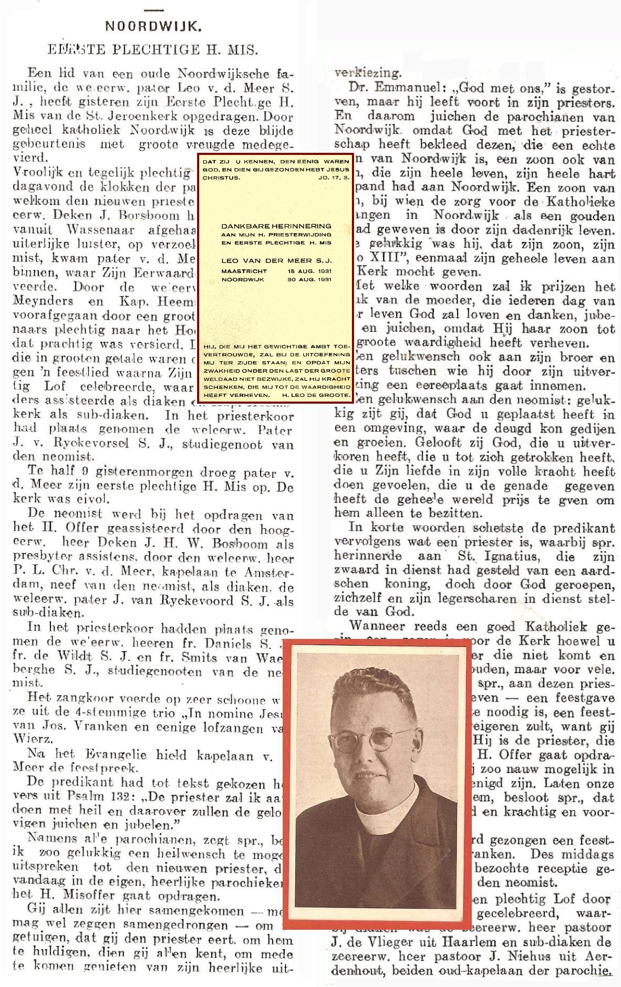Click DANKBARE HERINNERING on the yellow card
pyautogui.click(x=276, y=226)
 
